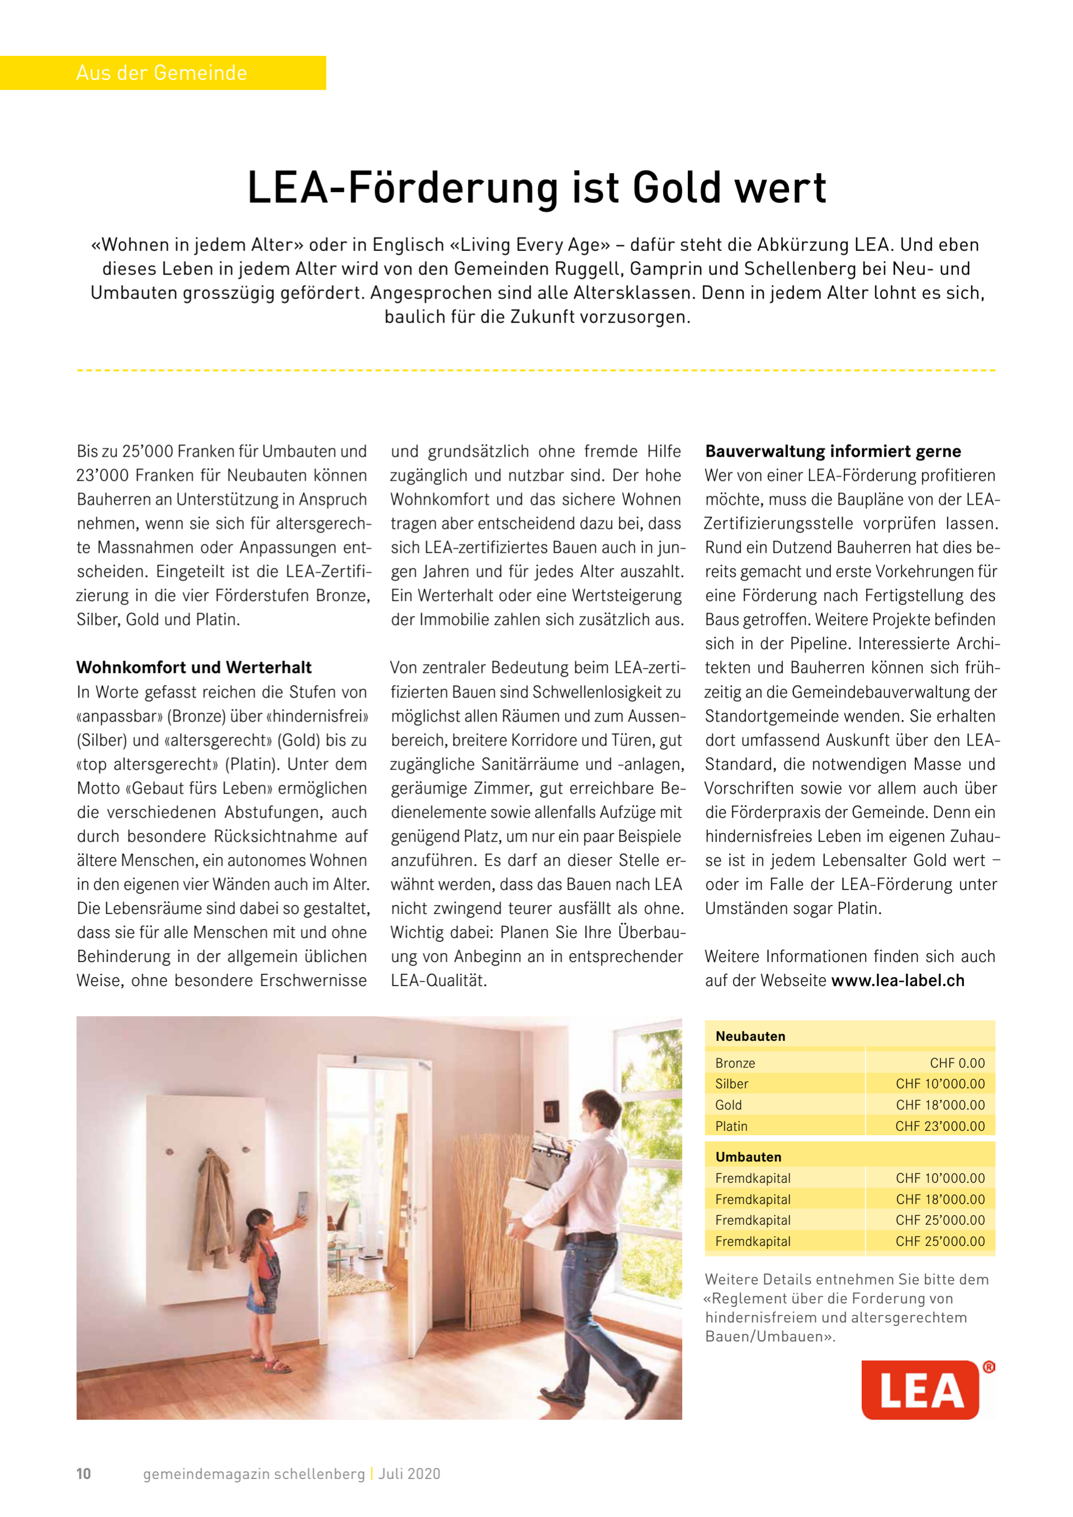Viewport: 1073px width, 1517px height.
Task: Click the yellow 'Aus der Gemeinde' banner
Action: pos(162,73)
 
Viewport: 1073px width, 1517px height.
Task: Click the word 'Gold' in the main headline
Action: pos(675,188)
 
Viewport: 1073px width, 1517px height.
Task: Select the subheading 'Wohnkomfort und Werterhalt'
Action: pos(193,667)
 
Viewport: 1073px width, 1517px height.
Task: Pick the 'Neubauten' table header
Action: pos(750,1036)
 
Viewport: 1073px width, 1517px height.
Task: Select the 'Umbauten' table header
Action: pos(748,1157)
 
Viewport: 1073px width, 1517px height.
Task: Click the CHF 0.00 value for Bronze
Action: pos(957,1063)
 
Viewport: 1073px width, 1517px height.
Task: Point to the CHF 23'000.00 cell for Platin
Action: pos(939,1126)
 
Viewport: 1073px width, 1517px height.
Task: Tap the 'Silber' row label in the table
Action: pos(731,1084)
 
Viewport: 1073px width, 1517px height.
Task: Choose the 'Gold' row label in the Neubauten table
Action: pos(728,1104)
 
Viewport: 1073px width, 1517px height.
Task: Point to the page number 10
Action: pos(83,1474)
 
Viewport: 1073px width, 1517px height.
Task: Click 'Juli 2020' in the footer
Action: pos(409,1474)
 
